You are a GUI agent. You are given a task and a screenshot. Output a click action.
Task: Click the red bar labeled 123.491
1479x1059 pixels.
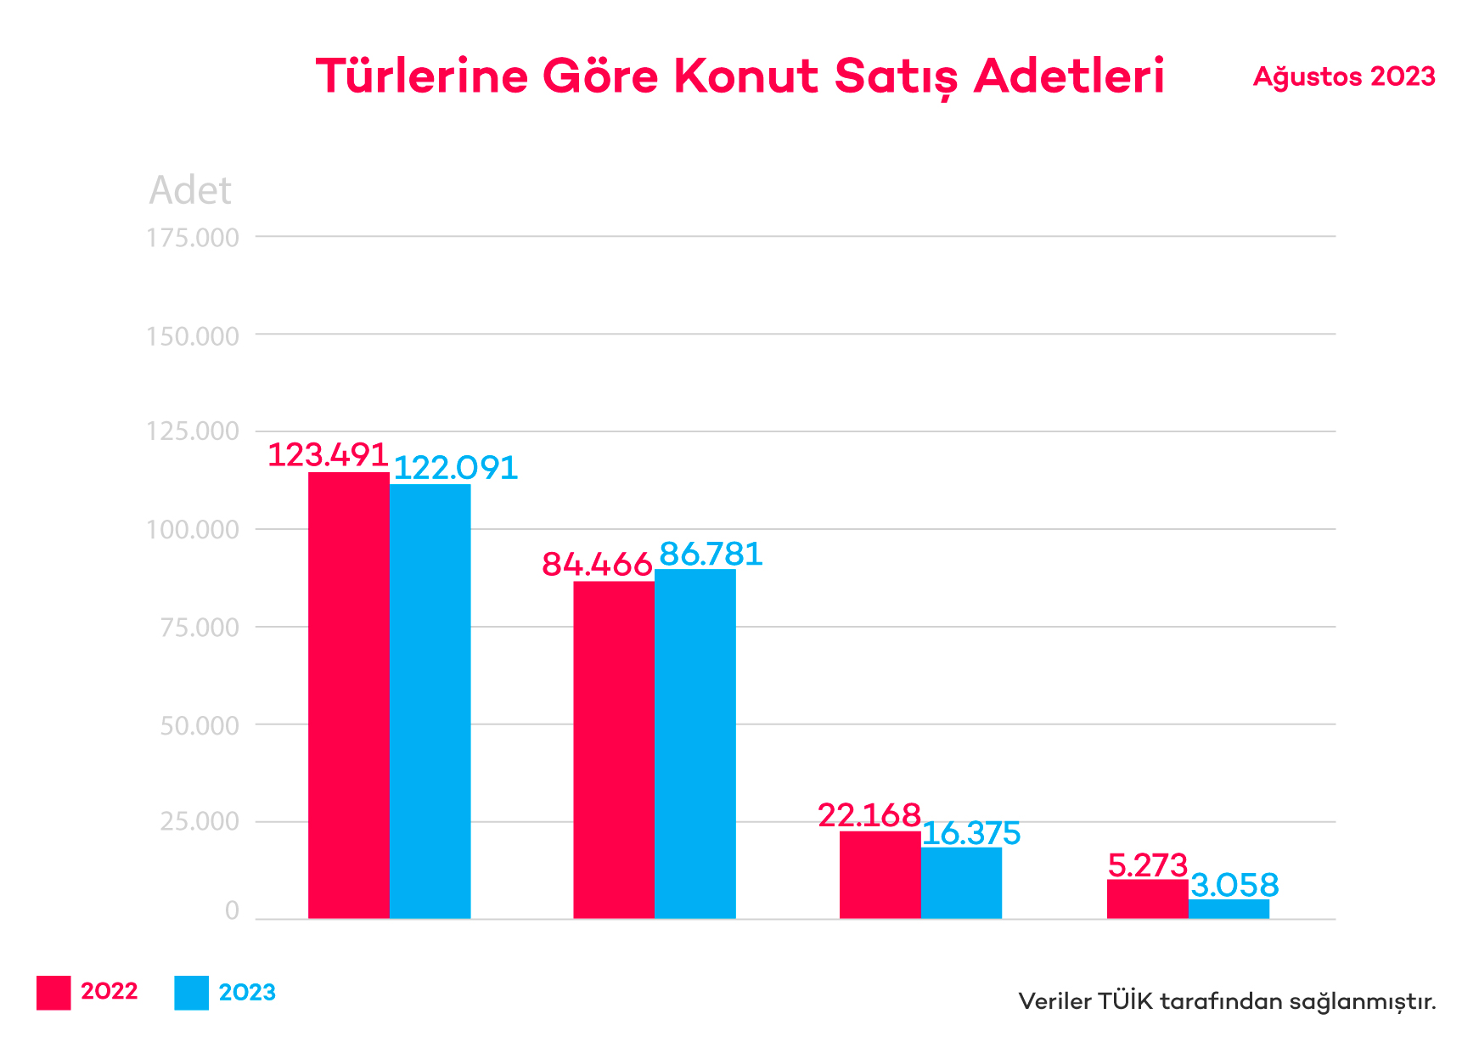click(x=348, y=695)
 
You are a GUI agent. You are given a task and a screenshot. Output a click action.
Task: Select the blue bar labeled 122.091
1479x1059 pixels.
click(x=430, y=701)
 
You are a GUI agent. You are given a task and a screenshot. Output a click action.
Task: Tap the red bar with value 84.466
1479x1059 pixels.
click(x=614, y=749)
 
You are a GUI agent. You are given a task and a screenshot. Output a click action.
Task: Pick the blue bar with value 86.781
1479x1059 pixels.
click(x=695, y=743)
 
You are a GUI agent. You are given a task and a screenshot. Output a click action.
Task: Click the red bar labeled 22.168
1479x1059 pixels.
click(x=880, y=875)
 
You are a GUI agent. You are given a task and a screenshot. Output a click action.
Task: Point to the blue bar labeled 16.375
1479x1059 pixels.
click(x=961, y=882)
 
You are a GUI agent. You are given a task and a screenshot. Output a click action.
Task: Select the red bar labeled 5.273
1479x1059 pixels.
click(x=1147, y=898)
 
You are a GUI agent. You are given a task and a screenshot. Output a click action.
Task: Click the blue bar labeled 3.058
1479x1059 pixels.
click(x=1229, y=909)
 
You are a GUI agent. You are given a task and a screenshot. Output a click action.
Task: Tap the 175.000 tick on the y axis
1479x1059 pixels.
click(x=193, y=238)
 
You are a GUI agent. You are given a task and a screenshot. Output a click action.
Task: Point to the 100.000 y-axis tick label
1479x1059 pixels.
click(x=193, y=530)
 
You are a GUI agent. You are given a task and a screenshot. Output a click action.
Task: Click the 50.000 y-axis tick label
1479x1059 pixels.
click(x=200, y=725)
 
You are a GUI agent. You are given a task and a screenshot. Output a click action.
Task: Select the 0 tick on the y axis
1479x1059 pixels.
click(x=232, y=911)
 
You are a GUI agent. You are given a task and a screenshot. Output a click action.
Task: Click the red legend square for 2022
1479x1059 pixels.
click(x=53, y=993)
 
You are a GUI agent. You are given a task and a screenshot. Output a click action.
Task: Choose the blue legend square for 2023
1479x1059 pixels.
click(x=191, y=993)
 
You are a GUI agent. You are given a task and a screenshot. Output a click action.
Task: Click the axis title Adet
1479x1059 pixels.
click(x=190, y=190)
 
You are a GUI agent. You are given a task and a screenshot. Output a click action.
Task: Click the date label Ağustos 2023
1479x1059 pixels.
click(x=1344, y=76)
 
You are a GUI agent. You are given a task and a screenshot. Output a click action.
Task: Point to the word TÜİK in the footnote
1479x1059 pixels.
click(x=1125, y=1001)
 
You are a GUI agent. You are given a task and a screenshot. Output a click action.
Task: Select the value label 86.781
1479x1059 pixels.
click(x=711, y=554)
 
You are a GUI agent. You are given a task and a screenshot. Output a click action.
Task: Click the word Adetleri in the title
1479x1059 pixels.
click(x=1069, y=76)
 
